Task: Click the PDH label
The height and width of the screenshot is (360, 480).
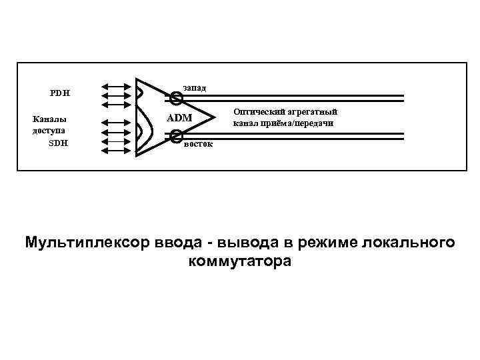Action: point(61,93)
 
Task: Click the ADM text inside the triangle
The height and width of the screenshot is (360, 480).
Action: point(179,118)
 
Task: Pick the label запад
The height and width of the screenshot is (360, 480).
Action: point(194,87)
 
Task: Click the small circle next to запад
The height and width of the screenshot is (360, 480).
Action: point(175,99)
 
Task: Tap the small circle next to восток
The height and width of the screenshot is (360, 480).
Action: point(175,137)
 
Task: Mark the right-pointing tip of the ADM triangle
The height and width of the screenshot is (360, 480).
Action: point(217,118)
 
